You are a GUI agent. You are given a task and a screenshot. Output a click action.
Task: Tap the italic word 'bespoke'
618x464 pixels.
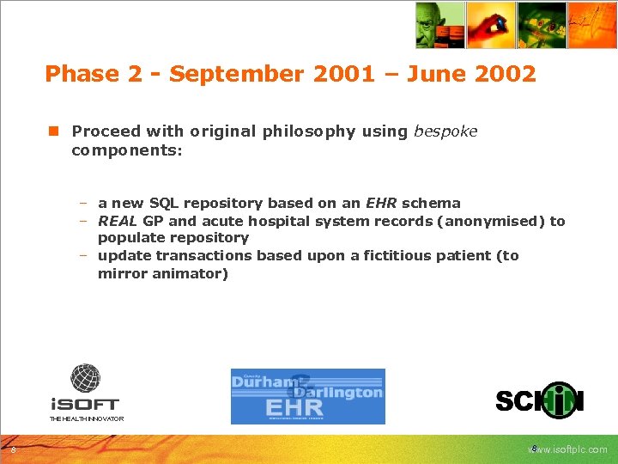tap(445, 131)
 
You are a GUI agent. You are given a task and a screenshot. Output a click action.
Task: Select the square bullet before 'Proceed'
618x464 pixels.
tap(53, 131)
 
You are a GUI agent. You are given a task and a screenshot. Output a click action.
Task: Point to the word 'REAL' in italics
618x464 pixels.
tap(118, 221)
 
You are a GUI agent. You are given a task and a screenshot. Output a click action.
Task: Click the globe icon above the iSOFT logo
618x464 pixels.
tap(85, 379)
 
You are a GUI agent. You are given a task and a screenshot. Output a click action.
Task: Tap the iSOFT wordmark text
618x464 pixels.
tap(84, 403)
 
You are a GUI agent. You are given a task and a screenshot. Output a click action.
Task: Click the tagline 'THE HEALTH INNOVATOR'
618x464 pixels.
tap(86, 418)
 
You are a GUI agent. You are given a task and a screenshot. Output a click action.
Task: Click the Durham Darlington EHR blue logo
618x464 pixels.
tap(307, 396)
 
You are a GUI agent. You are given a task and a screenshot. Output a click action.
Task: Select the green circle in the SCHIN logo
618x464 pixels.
tap(559, 400)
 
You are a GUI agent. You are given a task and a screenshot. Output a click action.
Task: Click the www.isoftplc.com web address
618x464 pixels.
tap(568, 449)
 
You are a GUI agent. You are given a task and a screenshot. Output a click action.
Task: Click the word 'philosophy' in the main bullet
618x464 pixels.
tap(311, 131)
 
